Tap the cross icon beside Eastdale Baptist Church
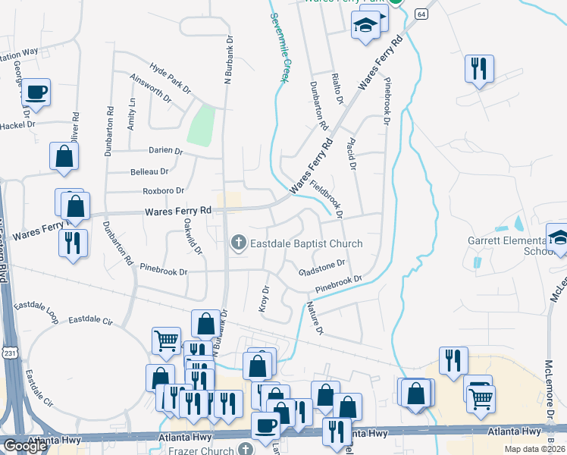tap(238, 243)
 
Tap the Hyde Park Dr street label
tap(170, 78)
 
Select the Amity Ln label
tap(131, 114)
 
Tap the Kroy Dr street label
tap(265, 298)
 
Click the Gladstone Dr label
tap(322, 268)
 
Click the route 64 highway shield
tap(421, 14)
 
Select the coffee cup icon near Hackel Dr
tap(36, 93)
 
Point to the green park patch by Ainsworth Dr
tap(200, 126)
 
